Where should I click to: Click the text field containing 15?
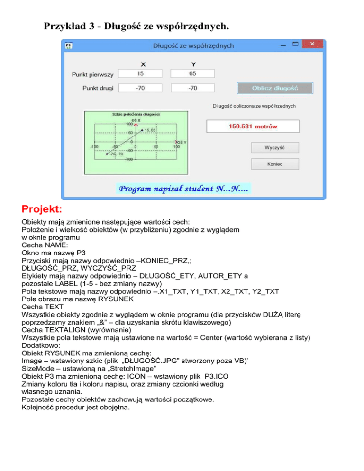pyautogui.click(x=140, y=73)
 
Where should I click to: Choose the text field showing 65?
pyautogui.click(x=192, y=73)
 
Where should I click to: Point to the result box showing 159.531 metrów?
pyautogui.click(x=253, y=127)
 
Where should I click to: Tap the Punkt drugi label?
pyautogui.click(x=95, y=88)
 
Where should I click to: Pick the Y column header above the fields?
pyautogui.click(x=193, y=64)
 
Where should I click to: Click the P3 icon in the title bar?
pyautogui.click(x=69, y=45)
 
